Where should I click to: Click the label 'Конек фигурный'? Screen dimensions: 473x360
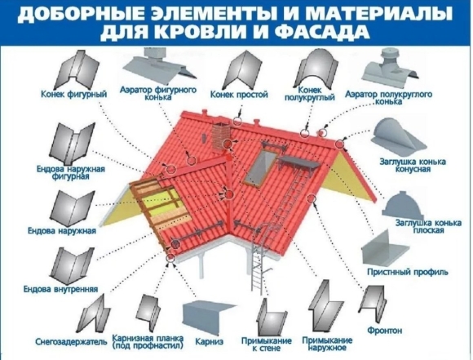(74, 94)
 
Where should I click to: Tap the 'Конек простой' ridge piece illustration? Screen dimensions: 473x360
(242, 69)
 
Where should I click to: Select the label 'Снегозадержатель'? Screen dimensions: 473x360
(71, 342)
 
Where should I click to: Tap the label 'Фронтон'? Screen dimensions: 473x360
(384, 331)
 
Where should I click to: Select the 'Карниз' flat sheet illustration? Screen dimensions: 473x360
(209, 317)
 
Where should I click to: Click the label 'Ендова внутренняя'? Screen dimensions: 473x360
(61, 289)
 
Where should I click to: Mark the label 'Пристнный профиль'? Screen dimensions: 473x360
(408, 272)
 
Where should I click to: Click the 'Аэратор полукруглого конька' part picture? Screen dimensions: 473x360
(391, 68)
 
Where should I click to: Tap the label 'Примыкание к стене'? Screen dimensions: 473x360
(266, 344)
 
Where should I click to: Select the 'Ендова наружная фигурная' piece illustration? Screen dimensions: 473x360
(72, 144)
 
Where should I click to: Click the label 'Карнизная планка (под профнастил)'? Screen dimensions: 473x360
(148, 342)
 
